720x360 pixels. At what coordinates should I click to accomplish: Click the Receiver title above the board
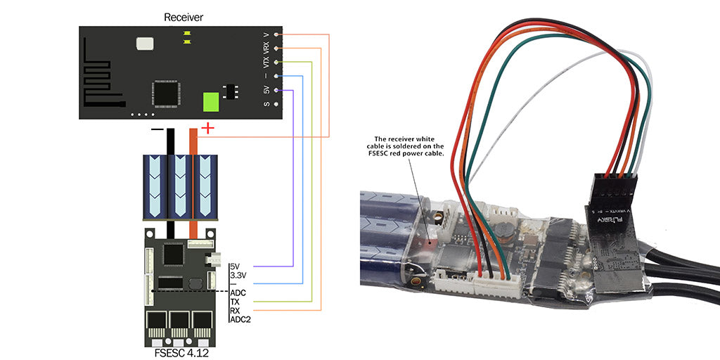tap(183, 16)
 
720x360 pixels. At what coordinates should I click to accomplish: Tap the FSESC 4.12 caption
tap(181, 353)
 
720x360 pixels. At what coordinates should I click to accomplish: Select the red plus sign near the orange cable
tap(207, 128)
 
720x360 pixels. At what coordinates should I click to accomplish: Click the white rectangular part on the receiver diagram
tap(145, 44)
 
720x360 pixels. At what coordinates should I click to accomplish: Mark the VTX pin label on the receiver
tap(266, 62)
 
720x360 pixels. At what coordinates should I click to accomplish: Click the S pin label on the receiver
tap(266, 104)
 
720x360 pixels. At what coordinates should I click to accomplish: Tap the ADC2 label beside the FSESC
tap(240, 319)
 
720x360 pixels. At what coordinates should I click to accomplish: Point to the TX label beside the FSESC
tap(236, 301)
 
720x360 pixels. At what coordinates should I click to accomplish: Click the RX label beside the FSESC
tap(236, 310)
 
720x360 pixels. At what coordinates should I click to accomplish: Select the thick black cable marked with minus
tap(169, 141)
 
